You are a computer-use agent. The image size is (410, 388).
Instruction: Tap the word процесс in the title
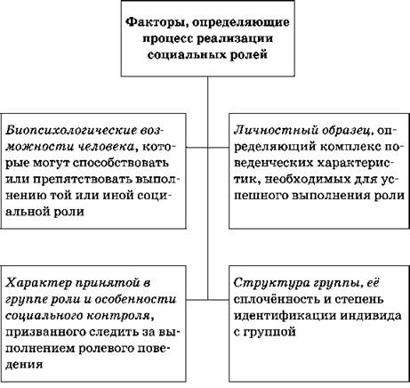(x=167, y=39)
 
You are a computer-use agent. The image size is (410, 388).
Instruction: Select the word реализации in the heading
(x=235, y=39)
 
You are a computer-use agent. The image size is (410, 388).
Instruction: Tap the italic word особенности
(x=135, y=299)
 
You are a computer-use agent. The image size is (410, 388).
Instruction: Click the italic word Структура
(x=270, y=282)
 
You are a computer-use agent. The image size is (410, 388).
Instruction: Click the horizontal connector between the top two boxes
(x=207, y=148)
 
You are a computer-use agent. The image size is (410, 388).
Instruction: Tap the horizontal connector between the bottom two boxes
(x=207, y=300)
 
